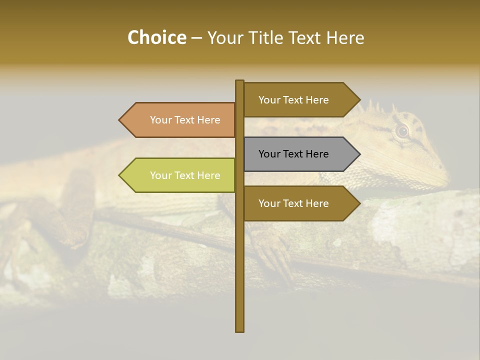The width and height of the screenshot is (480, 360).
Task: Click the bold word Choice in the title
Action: coord(156,37)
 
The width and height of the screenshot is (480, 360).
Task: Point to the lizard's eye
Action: coord(402,131)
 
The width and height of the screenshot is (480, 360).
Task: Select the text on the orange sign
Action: coord(185,120)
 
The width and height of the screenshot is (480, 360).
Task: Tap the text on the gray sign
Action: coord(293,154)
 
